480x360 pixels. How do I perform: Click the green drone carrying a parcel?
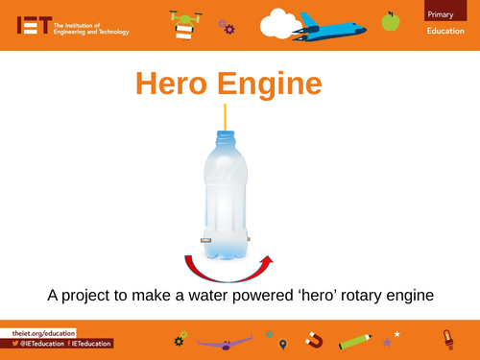tap(182, 24)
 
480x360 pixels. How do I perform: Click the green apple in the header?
tap(389, 20)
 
